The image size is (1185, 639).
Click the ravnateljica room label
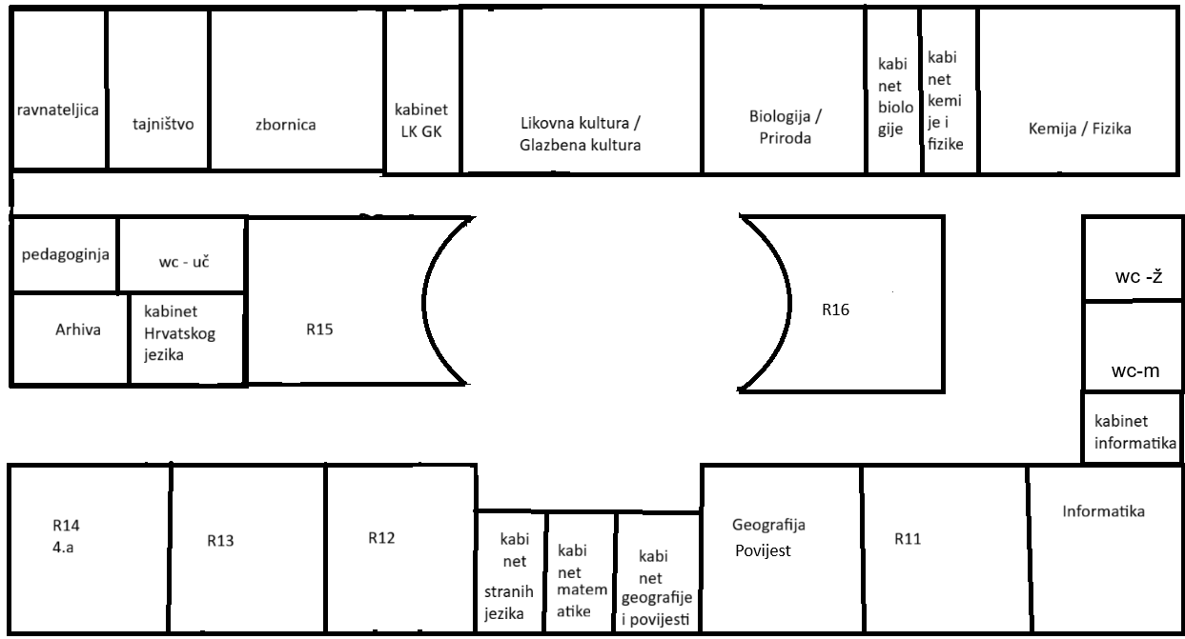(58, 110)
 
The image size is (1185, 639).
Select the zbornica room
(285, 124)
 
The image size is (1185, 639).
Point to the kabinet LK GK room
(423, 120)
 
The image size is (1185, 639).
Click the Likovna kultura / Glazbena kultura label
(580, 134)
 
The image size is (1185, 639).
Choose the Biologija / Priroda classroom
(785, 127)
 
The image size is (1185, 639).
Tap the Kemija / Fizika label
(1080, 129)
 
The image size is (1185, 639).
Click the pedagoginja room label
(66, 254)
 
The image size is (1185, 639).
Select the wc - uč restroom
(184, 258)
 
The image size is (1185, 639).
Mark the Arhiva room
(77, 329)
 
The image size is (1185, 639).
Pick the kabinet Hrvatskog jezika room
(182, 333)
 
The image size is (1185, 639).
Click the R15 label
(319, 329)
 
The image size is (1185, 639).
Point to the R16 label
(835, 309)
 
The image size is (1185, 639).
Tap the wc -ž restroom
(1135, 277)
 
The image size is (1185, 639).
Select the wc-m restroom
(1134, 371)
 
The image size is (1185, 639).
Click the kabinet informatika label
(1134, 430)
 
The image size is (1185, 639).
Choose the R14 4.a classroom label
(66, 534)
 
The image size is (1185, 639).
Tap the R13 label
(220, 541)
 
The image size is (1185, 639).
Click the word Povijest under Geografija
(763, 549)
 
